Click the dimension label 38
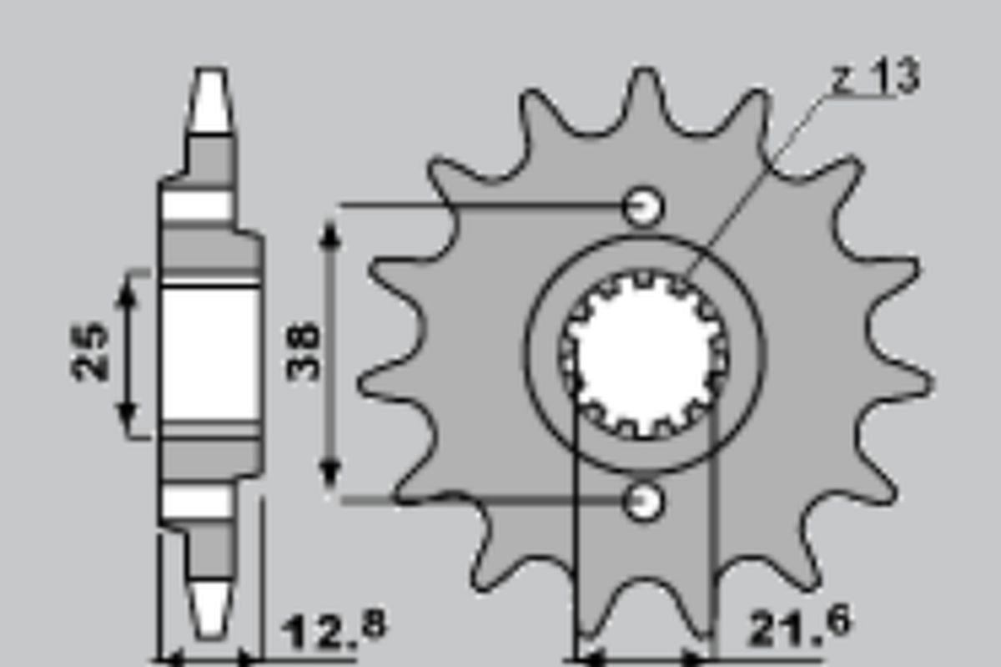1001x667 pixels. pyautogui.click(x=304, y=351)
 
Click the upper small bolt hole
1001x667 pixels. pyautogui.click(x=644, y=205)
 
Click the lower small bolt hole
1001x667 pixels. pyautogui.click(x=644, y=500)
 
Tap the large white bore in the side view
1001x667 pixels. pyautogui.click(x=209, y=355)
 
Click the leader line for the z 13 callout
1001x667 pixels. pyautogui.click(x=751, y=184)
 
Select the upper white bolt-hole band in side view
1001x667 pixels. pyautogui.click(x=197, y=205)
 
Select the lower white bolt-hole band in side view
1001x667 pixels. pyautogui.click(x=197, y=501)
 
